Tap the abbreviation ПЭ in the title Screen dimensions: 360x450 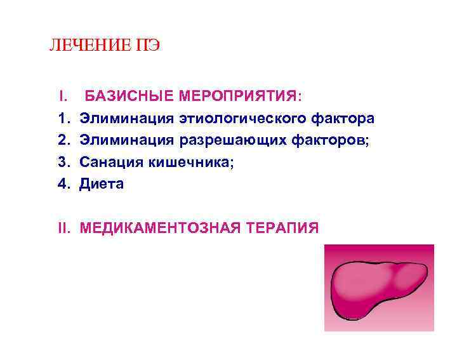[147, 46]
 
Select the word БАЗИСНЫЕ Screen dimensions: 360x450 [130, 97]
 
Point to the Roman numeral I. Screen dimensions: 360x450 [63, 97]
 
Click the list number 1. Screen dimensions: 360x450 [63, 119]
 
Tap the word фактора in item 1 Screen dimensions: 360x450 [343, 119]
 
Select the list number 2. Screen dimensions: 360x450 [63, 140]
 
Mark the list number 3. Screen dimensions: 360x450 [63, 163]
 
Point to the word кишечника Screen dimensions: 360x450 [191, 163]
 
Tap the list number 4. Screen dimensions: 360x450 [63, 184]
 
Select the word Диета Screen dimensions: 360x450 [102, 184]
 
